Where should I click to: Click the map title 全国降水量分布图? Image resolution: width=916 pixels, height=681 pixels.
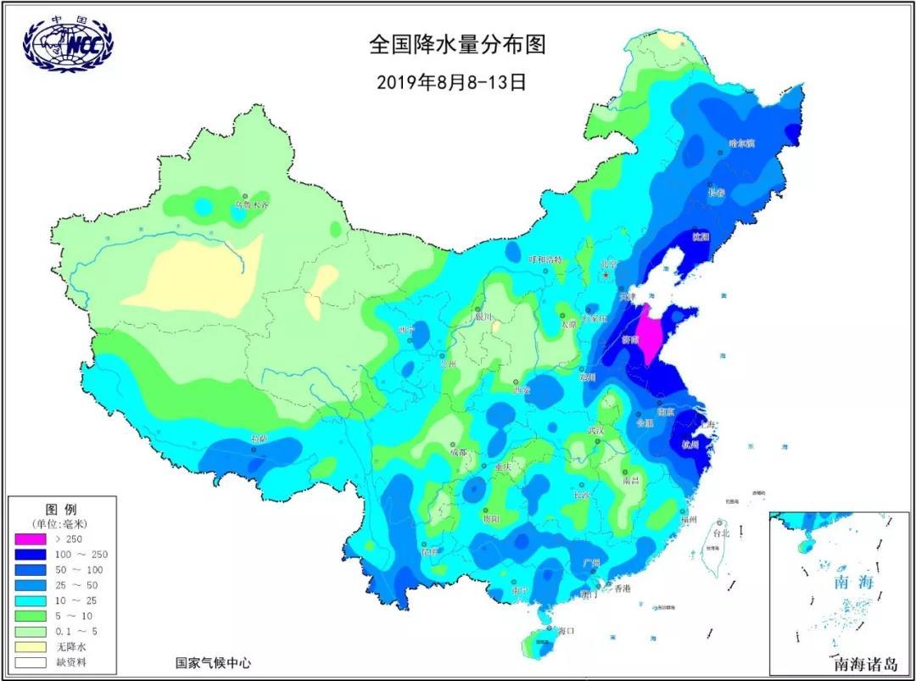click(456, 45)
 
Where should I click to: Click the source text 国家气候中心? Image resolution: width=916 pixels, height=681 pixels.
click(213, 663)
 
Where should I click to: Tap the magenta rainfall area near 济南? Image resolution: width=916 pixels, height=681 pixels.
click(651, 333)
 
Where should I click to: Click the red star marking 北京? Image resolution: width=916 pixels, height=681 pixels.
click(606, 274)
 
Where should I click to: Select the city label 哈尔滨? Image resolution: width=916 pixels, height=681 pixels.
click(741, 142)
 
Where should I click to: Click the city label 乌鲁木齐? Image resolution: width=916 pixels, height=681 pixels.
click(252, 205)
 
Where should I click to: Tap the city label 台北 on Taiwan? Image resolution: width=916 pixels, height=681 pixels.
click(721, 534)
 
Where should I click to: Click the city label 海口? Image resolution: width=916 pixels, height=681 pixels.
click(567, 630)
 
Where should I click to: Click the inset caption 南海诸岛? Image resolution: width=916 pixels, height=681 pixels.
click(865, 664)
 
